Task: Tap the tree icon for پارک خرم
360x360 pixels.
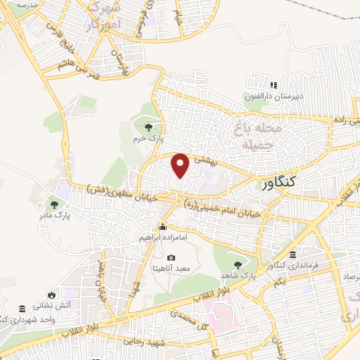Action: point(148,127)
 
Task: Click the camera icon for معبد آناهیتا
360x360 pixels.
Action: point(170,258)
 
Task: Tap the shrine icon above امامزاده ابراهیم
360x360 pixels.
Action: point(163,226)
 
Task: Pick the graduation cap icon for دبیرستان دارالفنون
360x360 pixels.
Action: point(247,96)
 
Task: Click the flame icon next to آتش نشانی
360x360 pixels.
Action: point(51,295)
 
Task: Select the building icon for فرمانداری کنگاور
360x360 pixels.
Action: point(292,254)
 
